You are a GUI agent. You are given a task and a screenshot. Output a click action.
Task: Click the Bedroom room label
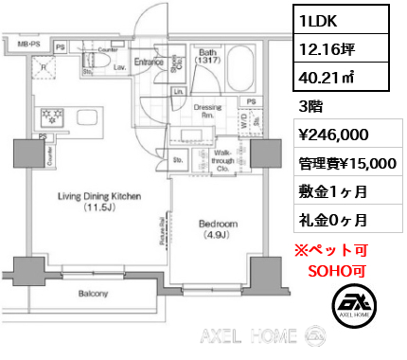click(x=219, y=224)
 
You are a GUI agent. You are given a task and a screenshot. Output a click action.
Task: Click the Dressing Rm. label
click(x=207, y=111)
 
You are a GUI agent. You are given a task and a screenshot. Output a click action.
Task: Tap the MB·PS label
click(x=27, y=44)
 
